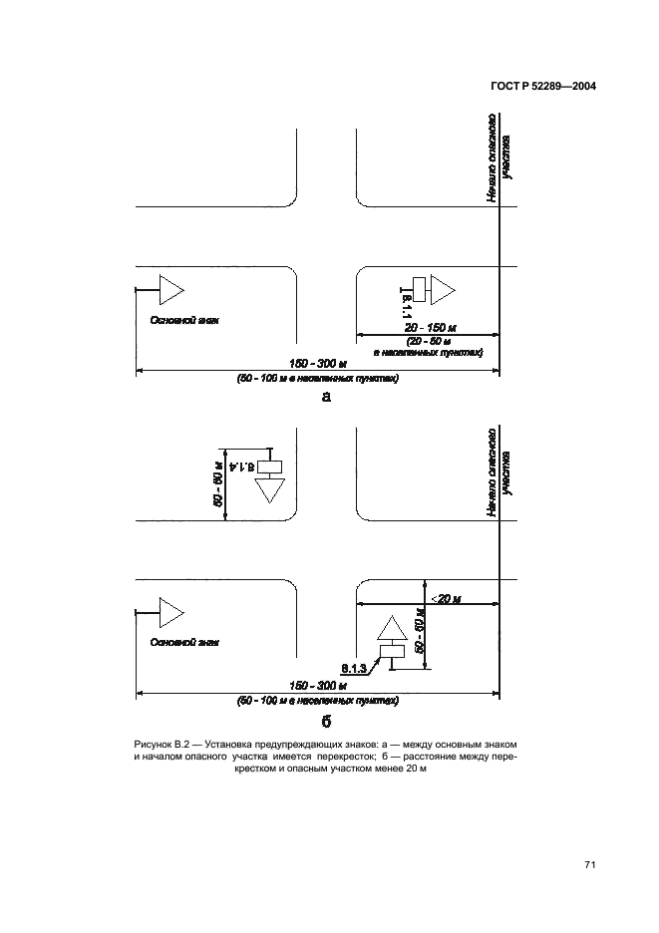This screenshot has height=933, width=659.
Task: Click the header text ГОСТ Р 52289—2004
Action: tap(543, 87)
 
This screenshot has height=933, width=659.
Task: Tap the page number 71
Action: tap(590, 865)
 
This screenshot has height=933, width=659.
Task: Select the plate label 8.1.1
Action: tap(407, 302)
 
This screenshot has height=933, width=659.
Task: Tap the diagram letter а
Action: tap(324, 397)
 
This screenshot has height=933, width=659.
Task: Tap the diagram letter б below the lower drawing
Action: tap(324, 721)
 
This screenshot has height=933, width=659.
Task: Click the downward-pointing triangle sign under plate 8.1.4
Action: tap(270, 490)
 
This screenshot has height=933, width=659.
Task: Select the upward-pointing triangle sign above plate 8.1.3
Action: tap(392, 629)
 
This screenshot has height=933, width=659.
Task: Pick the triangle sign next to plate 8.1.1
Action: tap(442, 289)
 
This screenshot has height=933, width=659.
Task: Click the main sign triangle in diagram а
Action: tap(170, 289)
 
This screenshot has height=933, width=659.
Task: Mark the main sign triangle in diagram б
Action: tap(170, 610)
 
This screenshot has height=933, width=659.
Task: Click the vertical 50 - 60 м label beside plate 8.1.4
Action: tap(217, 482)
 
